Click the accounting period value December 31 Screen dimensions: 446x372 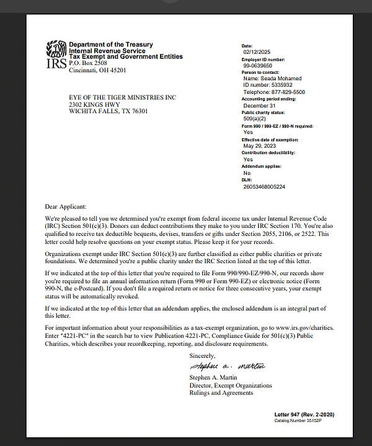[260, 105]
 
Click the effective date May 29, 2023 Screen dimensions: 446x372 [261, 145]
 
